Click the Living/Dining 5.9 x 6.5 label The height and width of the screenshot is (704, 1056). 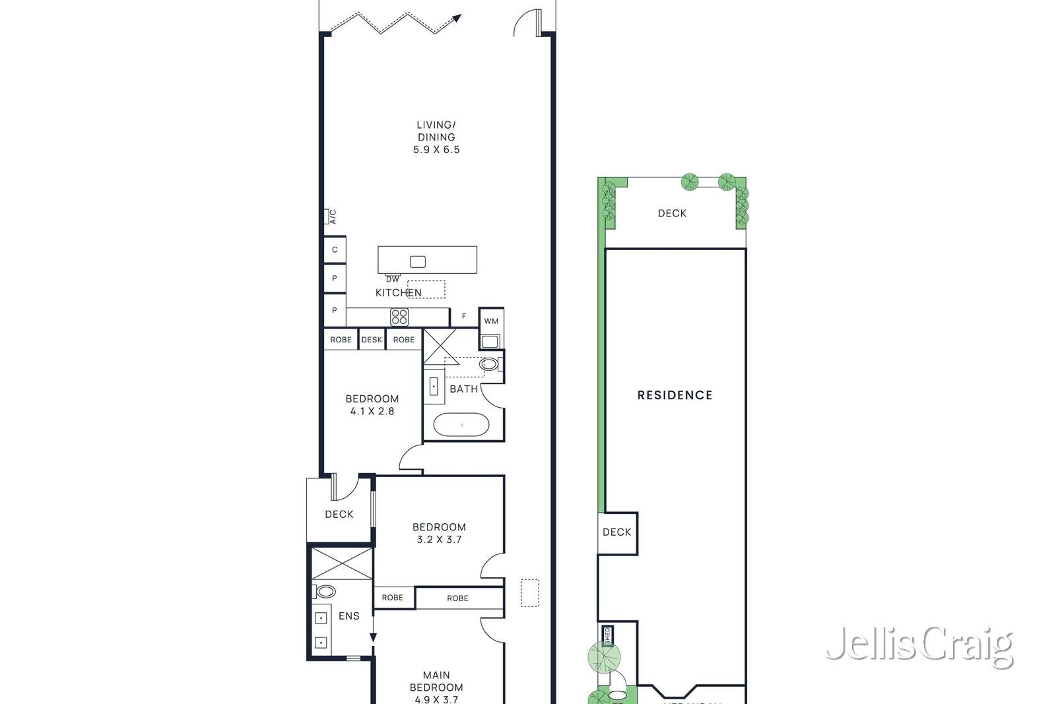click(x=436, y=137)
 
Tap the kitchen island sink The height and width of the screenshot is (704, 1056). click(x=418, y=261)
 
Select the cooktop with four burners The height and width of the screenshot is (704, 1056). click(x=399, y=317)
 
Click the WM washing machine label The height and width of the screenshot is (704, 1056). click(x=491, y=321)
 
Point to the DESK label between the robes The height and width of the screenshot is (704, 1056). click(x=372, y=340)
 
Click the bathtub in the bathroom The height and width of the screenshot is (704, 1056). click(x=461, y=425)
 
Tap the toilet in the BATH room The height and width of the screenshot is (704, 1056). click(x=489, y=364)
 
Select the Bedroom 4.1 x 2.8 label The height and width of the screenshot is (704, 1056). click(x=372, y=404)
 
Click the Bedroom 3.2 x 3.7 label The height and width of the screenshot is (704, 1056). click(x=439, y=533)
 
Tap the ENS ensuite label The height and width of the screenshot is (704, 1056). click(x=349, y=616)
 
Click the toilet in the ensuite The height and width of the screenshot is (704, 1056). click(x=324, y=591)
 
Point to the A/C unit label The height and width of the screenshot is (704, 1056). click(x=333, y=216)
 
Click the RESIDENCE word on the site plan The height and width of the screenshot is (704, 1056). click(x=675, y=395)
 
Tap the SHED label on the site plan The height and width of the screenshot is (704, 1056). click(x=607, y=635)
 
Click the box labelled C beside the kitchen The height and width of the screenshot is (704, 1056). click(x=335, y=250)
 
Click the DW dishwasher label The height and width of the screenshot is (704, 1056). click(x=393, y=279)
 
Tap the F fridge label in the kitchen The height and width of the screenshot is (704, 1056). click(x=464, y=317)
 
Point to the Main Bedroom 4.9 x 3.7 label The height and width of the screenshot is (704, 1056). click(x=436, y=687)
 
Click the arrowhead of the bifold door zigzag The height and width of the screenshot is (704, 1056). click(x=457, y=18)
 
